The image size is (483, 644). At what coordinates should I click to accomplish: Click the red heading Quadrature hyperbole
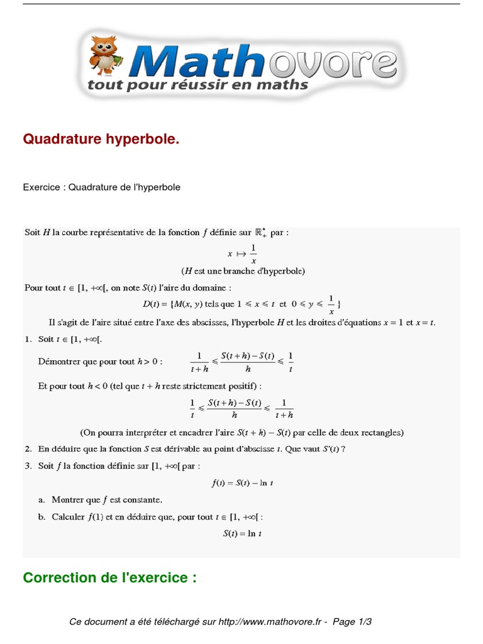tap(101, 139)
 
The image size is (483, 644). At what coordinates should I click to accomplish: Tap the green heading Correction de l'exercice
tap(109, 577)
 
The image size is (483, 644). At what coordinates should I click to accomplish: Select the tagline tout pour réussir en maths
tap(197, 84)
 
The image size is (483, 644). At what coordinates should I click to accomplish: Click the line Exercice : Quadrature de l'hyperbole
tap(101, 187)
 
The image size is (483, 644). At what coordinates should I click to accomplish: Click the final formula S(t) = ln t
tap(241, 533)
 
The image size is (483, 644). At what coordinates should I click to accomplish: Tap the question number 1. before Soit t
tap(28, 340)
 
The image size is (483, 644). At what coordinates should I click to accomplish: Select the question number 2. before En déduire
tap(28, 448)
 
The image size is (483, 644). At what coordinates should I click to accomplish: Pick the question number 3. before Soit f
tap(28, 466)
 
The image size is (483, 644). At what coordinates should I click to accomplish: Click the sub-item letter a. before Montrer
tap(42, 500)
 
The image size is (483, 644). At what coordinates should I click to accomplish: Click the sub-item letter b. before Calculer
tap(42, 517)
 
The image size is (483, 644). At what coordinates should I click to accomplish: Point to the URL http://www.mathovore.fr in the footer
tap(271, 622)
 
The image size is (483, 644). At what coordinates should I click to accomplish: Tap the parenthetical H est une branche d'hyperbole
tap(243, 271)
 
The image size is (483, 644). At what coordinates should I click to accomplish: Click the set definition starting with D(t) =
tap(241, 304)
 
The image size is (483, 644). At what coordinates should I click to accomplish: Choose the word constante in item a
tap(142, 500)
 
